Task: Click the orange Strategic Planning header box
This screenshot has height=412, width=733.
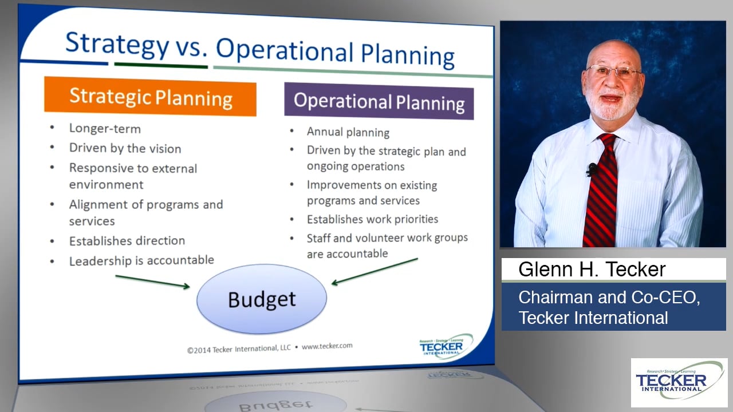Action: [150, 97]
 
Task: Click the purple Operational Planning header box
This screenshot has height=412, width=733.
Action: [379, 101]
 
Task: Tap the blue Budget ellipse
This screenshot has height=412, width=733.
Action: [262, 299]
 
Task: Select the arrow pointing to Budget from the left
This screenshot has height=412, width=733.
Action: [152, 282]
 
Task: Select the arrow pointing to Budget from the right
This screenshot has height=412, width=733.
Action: [375, 271]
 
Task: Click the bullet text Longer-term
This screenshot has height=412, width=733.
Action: [105, 129]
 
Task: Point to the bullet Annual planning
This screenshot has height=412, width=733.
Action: [348, 132]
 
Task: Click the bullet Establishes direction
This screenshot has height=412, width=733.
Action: [127, 241]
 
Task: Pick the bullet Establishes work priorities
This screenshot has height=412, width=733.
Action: [372, 219]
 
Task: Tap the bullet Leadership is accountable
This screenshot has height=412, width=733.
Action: [141, 261]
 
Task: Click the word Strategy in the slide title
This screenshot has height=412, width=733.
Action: [117, 44]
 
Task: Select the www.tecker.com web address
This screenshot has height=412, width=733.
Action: [327, 346]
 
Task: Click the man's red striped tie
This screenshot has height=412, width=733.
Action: [601, 189]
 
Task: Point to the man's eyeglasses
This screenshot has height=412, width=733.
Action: [613, 72]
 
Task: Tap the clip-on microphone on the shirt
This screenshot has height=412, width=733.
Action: [592, 169]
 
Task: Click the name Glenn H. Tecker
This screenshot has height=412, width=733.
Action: [592, 270]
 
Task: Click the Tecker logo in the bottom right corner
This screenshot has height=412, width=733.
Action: [679, 382]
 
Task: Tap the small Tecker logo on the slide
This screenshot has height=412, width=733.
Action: [445, 347]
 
